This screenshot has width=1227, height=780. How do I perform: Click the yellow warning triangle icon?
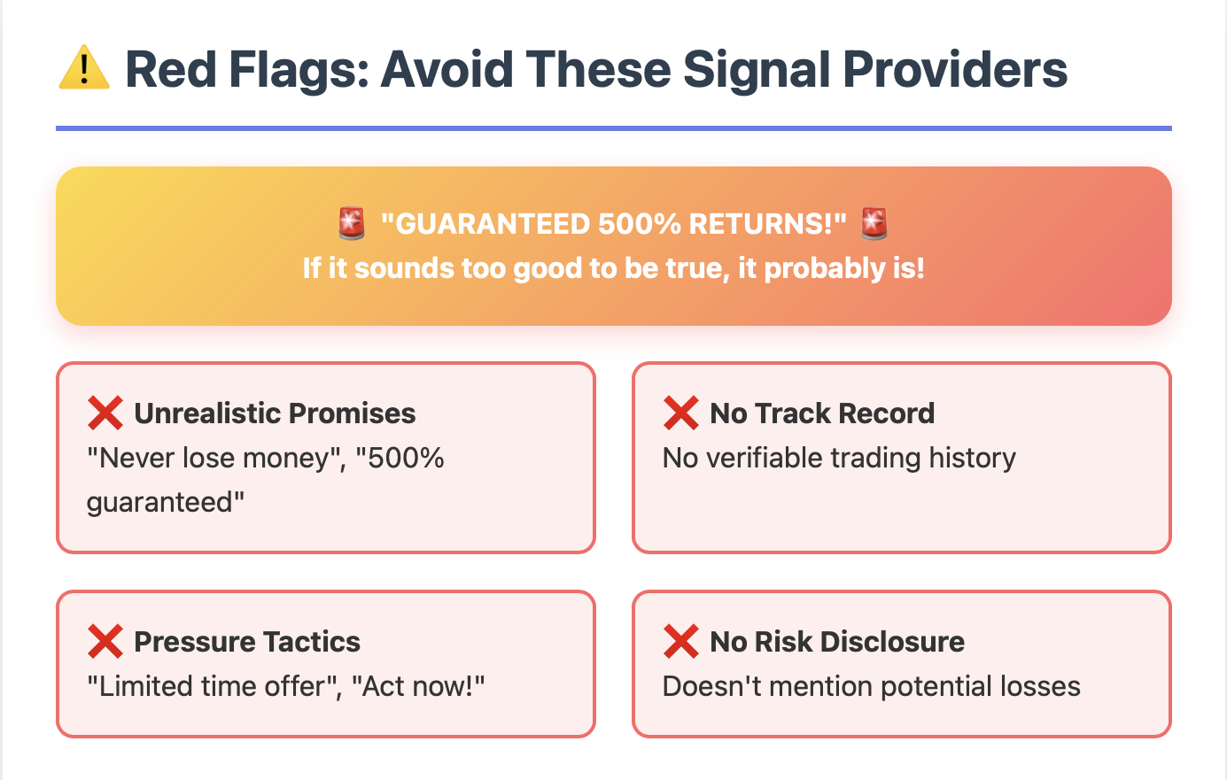[84, 67]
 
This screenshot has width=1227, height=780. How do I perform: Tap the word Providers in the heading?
[955, 69]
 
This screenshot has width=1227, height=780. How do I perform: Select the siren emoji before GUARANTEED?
[352, 223]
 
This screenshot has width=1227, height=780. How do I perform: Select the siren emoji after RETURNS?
[874, 223]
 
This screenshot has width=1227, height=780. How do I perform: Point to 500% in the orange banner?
[639, 224]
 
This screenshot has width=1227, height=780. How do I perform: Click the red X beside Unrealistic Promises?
[105, 413]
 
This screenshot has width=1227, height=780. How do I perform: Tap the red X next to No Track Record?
[681, 413]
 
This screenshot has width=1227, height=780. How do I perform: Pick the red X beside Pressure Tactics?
[105, 641]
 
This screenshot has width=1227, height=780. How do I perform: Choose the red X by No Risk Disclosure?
[681, 641]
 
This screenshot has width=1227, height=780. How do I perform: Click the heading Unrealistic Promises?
[275, 413]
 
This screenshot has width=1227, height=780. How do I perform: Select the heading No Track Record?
[822, 413]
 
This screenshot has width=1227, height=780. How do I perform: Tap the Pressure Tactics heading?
[247, 642]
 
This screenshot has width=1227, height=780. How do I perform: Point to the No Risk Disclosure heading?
[837, 642]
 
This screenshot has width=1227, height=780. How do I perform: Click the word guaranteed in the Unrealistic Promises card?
[159, 503]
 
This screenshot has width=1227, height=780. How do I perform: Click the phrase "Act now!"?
[418, 686]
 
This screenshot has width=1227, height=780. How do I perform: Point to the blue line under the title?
[613, 128]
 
